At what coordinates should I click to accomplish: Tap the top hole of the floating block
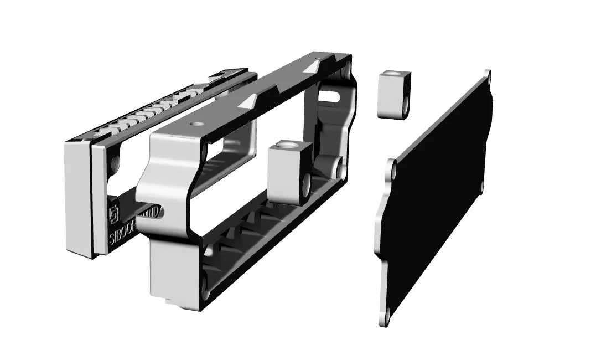[392, 74]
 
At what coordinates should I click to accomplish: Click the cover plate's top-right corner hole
[487, 74]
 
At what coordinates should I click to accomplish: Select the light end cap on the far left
[77, 199]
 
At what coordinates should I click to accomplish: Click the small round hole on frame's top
[193, 124]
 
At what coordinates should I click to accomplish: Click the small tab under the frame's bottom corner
[167, 302]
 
